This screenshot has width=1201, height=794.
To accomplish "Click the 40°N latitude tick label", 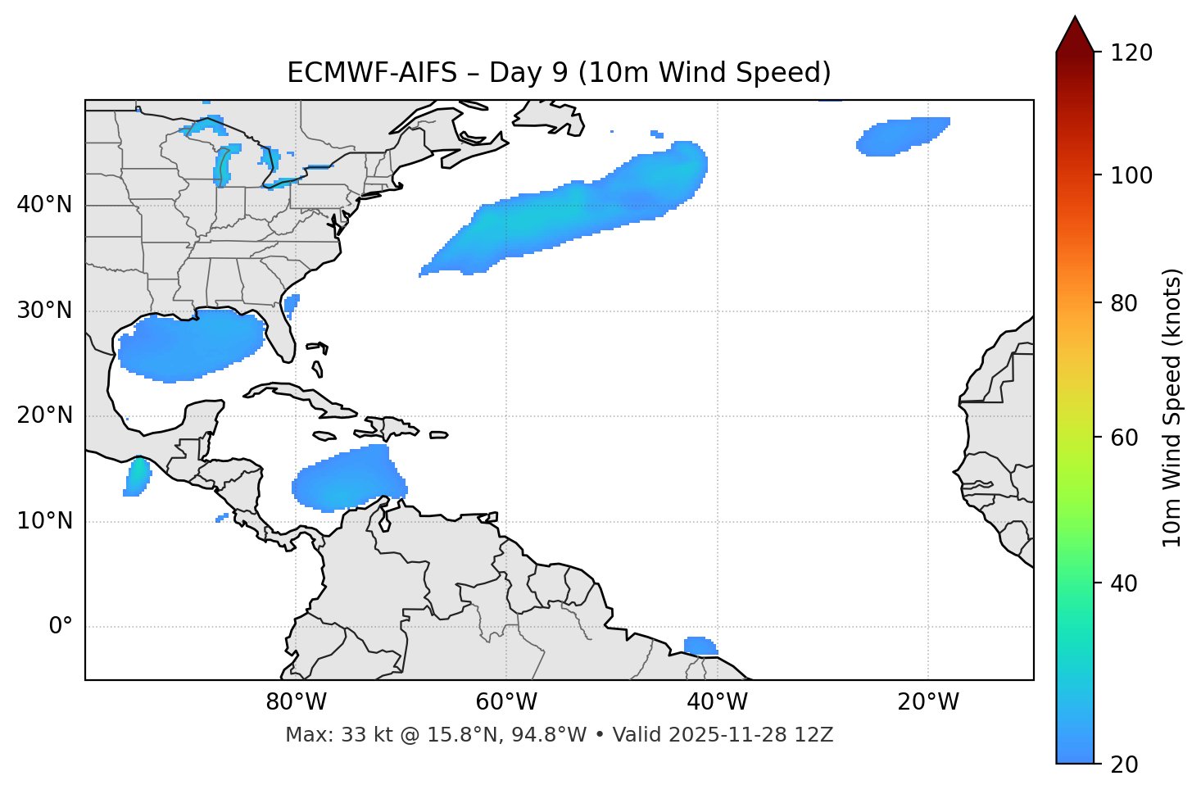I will [x=44, y=205].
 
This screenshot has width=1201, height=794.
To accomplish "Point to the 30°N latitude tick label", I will [x=44, y=311].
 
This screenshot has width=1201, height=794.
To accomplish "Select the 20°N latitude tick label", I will [x=44, y=415].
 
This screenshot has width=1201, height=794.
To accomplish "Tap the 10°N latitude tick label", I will [x=44, y=521].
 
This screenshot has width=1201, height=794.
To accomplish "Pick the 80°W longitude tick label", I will [x=296, y=702].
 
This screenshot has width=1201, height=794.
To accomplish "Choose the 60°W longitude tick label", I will [x=506, y=702].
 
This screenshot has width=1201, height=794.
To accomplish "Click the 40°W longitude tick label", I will [x=718, y=702].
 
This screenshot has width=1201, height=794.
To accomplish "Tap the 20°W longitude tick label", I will [x=928, y=702].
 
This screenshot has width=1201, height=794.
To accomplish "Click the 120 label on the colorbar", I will [x=1131, y=53].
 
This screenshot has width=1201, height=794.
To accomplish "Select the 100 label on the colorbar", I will [x=1131, y=175].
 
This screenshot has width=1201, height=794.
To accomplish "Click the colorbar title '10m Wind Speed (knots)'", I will [x=1172, y=408].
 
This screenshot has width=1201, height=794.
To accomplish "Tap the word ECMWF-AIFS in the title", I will [x=372, y=73].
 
